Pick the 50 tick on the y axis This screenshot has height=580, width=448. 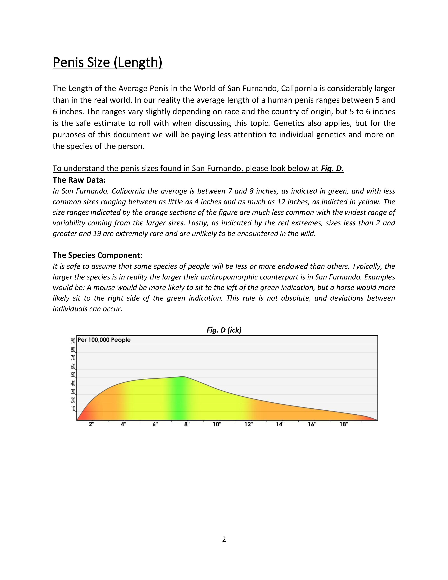73,375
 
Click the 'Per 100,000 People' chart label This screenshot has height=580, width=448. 104,340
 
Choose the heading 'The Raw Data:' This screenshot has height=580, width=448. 79,180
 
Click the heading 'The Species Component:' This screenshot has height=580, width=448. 97,255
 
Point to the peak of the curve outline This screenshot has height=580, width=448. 182,376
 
